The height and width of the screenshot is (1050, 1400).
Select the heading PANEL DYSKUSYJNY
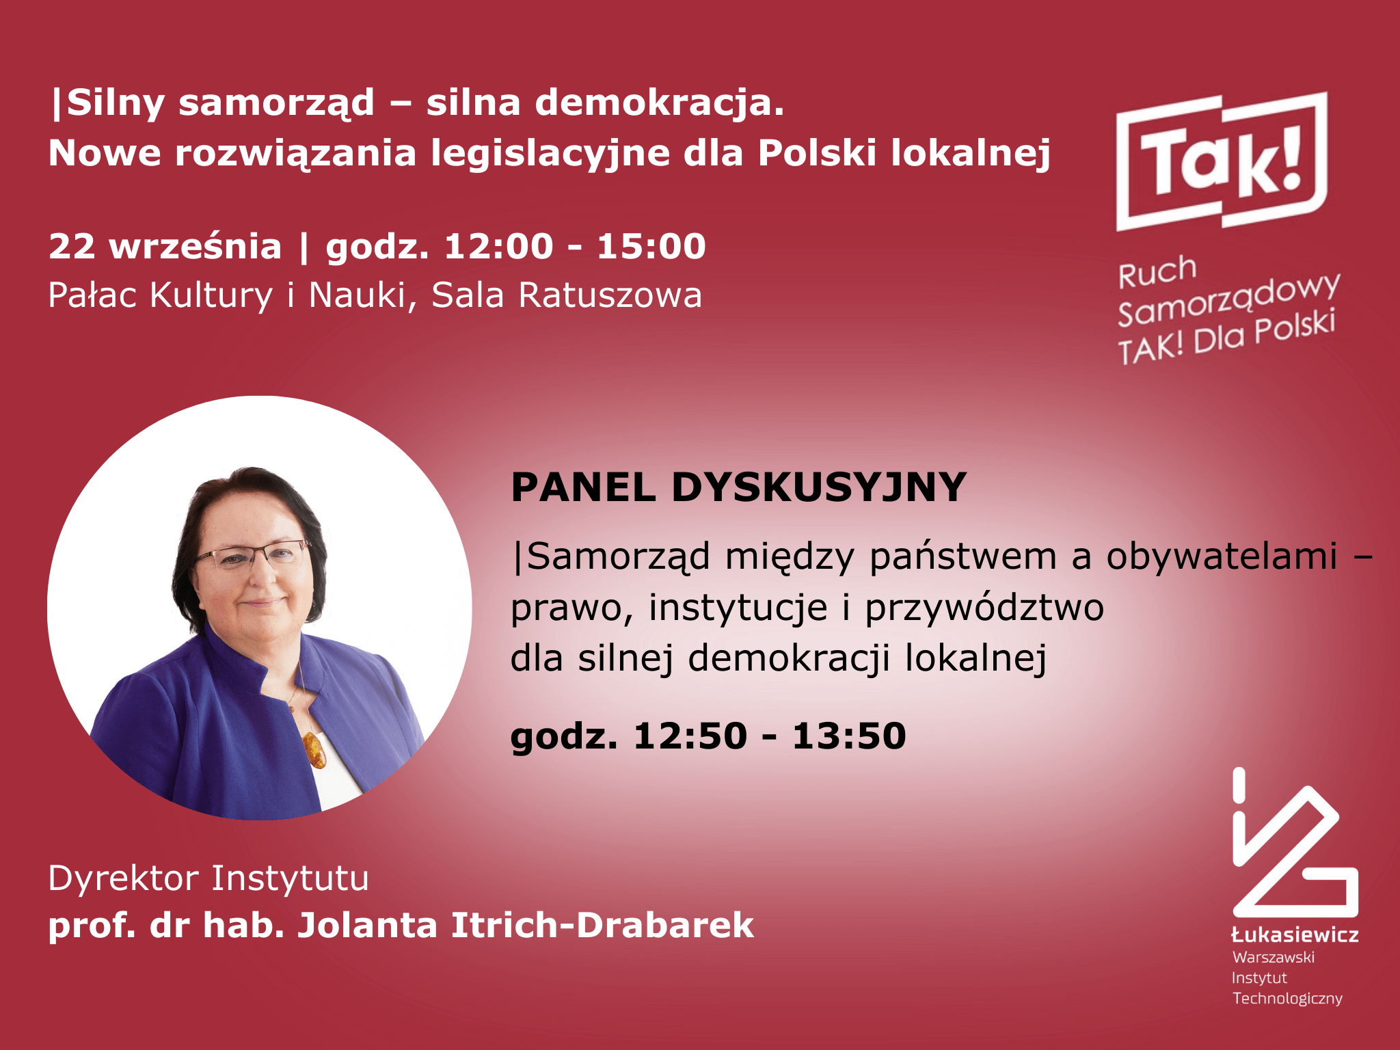click(738, 487)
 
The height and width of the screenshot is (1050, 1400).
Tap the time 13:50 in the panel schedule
click(849, 736)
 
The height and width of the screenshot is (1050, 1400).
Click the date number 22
click(72, 246)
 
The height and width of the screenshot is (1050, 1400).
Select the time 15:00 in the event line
click(651, 246)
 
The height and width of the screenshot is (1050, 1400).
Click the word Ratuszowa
click(610, 295)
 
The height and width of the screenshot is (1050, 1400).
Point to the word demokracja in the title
click(659, 104)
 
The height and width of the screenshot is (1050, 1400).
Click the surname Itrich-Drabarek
click(602, 926)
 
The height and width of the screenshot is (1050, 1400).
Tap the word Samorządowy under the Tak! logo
click(1228, 299)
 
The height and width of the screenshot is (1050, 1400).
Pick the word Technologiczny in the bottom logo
click(1287, 999)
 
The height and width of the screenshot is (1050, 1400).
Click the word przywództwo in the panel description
click(984, 608)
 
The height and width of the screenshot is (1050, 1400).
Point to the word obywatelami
click(1222, 556)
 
